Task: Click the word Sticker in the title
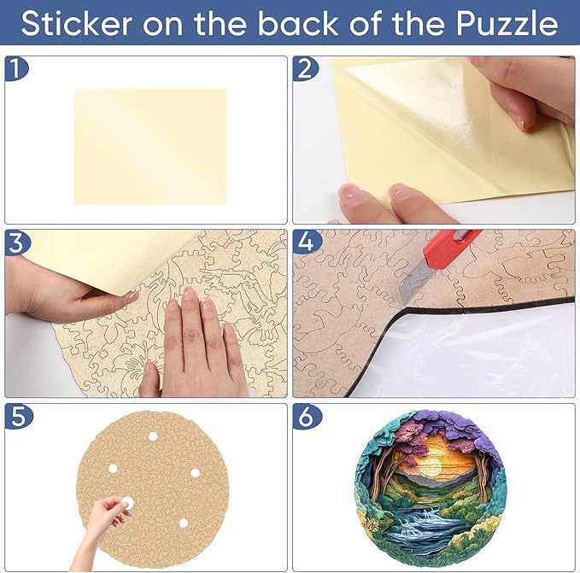[x=77, y=23]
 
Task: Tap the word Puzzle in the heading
[x=507, y=23]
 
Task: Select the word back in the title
[x=298, y=23]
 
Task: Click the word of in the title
[x=366, y=23]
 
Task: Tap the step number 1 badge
[x=16, y=68]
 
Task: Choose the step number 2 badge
[x=305, y=68]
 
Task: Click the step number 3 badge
[x=16, y=243]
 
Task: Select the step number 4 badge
[x=307, y=243]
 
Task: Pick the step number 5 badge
[x=18, y=416]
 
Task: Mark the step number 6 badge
[x=307, y=416]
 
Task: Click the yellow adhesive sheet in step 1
[x=150, y=146]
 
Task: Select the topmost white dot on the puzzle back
[x=153, y=436]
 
